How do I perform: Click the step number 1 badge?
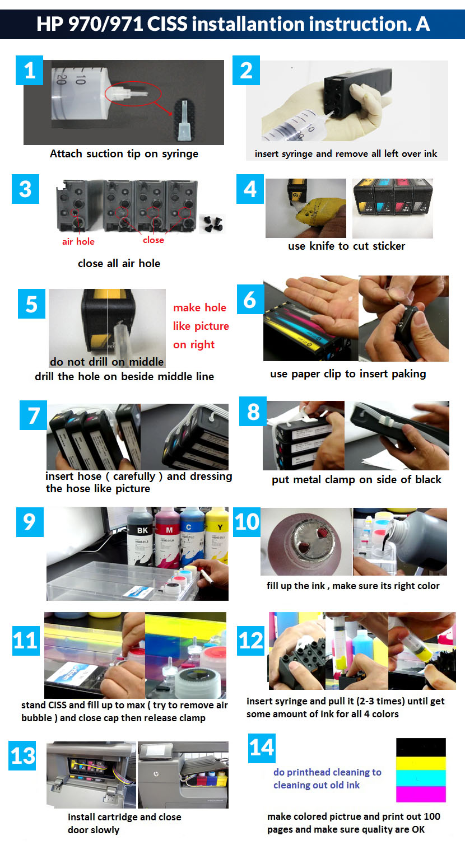pos(29,70)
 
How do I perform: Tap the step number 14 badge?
pos(262,748)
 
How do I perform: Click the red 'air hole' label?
pos(78,241)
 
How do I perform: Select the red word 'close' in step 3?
pos(154,240)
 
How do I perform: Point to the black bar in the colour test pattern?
pos(421,748)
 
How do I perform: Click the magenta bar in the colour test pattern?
pos(421,794)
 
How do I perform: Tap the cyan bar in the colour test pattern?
pos(421,778)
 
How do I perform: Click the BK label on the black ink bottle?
pos(142,530)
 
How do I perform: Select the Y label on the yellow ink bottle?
pos(220,527)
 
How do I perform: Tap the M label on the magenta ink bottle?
pos(169,530)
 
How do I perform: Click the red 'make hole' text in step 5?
pos(199,307)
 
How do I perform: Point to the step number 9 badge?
pos(30,522)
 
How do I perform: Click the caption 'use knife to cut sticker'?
pos(347,246)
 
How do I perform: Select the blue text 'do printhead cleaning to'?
pos(327,772)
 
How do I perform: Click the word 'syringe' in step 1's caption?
pos(180,153)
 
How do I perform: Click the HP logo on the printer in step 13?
pos(156,774)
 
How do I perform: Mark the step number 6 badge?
pos(250,300)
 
